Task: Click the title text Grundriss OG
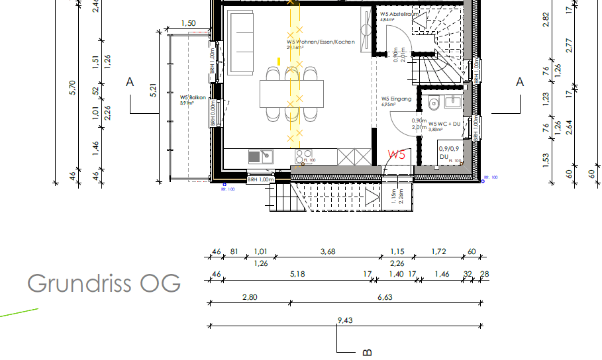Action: click(104, 283)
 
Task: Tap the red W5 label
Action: click(396, 155)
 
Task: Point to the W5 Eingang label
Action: click(396, 101)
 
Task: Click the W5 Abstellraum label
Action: click(399, 15)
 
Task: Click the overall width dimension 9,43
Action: click(345, 321)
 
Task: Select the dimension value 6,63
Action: click(385, 298)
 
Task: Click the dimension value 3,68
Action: click(328, 251)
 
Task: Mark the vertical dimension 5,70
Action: click(74, 87)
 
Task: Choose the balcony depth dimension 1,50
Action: click(188, 24)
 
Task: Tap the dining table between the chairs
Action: click(292, 93)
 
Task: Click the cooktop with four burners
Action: click(303, 157)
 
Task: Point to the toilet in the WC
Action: click(434, 103)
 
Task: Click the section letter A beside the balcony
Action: click(130, 82)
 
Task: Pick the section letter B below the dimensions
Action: click(367, 352)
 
